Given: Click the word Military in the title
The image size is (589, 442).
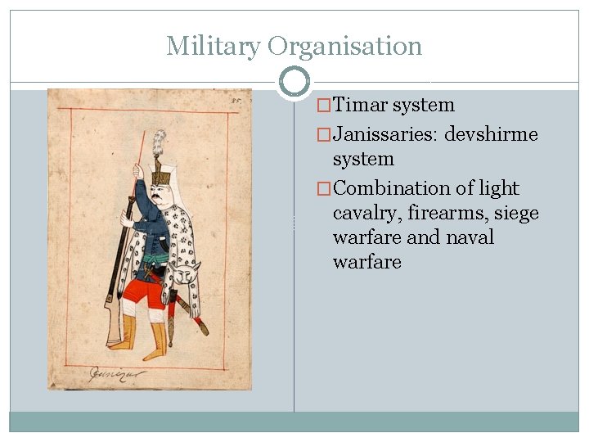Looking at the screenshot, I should [212, 46].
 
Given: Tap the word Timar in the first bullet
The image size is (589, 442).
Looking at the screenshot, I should [361, 106].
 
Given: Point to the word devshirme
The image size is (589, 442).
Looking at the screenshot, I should [492, 134].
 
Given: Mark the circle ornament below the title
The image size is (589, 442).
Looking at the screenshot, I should [294, 83].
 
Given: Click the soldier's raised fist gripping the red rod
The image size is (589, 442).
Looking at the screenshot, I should [138, 172].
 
